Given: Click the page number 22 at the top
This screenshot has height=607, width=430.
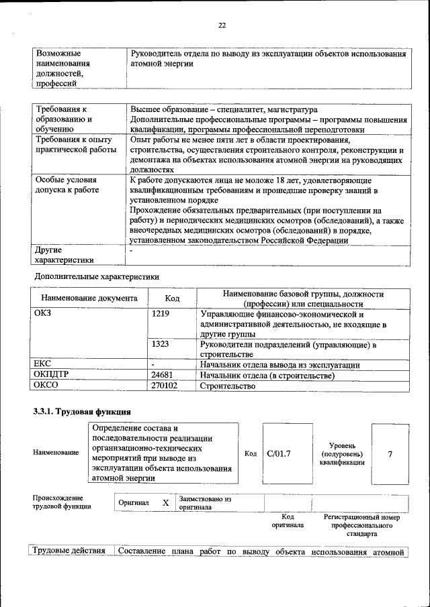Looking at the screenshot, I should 222,25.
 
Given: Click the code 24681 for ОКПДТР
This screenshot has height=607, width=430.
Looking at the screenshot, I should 163,375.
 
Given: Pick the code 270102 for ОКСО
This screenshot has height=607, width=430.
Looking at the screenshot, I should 165,386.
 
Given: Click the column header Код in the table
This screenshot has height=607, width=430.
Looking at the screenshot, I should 172,298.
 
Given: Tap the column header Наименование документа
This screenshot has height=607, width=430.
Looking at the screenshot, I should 89,298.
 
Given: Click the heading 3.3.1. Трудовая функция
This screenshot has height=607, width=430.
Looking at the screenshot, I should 82,410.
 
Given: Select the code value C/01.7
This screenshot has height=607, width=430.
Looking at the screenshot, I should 279,453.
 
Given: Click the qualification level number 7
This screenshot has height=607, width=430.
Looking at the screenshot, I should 390,453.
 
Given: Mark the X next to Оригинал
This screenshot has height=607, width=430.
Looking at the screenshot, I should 165,502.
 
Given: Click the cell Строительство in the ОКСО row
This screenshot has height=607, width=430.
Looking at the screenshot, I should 228,386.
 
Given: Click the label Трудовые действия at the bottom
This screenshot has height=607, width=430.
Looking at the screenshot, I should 71,551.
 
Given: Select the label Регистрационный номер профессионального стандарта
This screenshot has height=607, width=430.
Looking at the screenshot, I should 361,526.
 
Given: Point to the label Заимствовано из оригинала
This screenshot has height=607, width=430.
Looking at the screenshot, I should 205,503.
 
